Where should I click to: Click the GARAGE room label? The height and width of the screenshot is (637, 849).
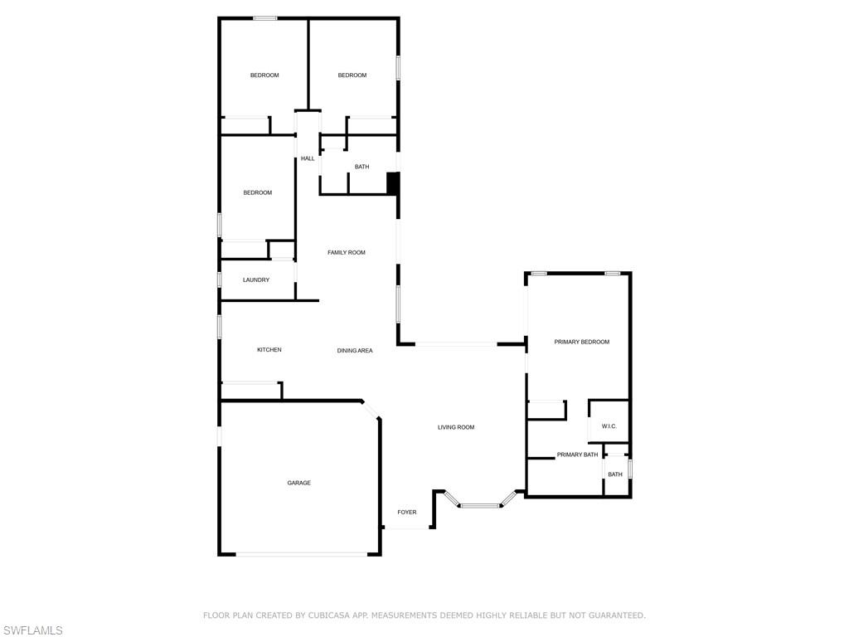click(x=299, y=483)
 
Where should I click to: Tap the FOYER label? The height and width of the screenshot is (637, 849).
click(x=407, y=513)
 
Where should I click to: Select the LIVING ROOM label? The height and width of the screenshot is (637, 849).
click(x=456, y=427)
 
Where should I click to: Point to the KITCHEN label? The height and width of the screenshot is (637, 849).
click(x=269, y=350)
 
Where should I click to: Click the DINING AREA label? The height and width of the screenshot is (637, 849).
click(x=355, y=351)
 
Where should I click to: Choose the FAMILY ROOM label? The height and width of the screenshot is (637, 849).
click(x=347, y=252)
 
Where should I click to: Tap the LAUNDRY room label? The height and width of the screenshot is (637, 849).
click(x=256, y=280)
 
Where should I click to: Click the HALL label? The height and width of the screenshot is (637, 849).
click(x=308, y=158)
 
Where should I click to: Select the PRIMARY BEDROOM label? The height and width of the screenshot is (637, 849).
click(x=582, y=342)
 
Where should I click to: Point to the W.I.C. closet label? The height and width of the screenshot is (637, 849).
click(x=609, y=426)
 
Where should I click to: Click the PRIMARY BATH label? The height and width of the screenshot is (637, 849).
click(x=577, y=455)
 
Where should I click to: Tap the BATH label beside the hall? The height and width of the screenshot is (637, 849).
click(x=361, y=167)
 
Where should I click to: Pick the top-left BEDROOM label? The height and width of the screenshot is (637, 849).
click(x=264, y=75)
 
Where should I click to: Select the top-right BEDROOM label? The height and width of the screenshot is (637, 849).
click(x=352, y=75)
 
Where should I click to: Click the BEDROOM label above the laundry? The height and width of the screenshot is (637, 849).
click(x=257, y=193)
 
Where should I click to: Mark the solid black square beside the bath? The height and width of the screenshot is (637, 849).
click(x=393, y=183)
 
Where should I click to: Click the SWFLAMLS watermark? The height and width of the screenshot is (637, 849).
click(x=32, y=631)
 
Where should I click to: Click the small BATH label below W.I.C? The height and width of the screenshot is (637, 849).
click(x=615, y=474)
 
